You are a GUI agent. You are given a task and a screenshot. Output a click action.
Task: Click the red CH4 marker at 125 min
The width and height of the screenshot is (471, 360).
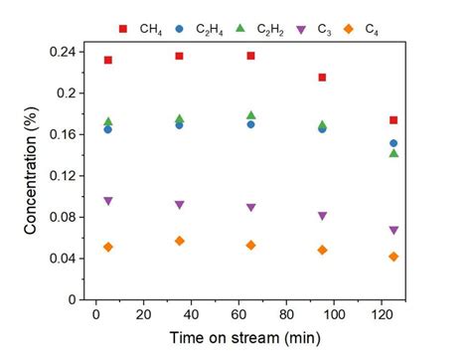click(393, 120)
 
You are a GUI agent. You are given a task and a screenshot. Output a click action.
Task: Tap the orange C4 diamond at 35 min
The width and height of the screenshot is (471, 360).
click(179, 241)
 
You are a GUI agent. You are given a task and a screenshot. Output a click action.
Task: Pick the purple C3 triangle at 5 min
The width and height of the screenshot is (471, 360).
click(108, 201)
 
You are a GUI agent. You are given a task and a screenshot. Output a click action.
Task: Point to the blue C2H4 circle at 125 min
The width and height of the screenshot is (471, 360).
click(393, 143)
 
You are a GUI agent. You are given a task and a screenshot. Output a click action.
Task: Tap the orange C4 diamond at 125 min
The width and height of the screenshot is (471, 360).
click(393, 257)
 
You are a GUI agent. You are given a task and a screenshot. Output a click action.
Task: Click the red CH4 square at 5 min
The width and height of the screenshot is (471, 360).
click(108, 60)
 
